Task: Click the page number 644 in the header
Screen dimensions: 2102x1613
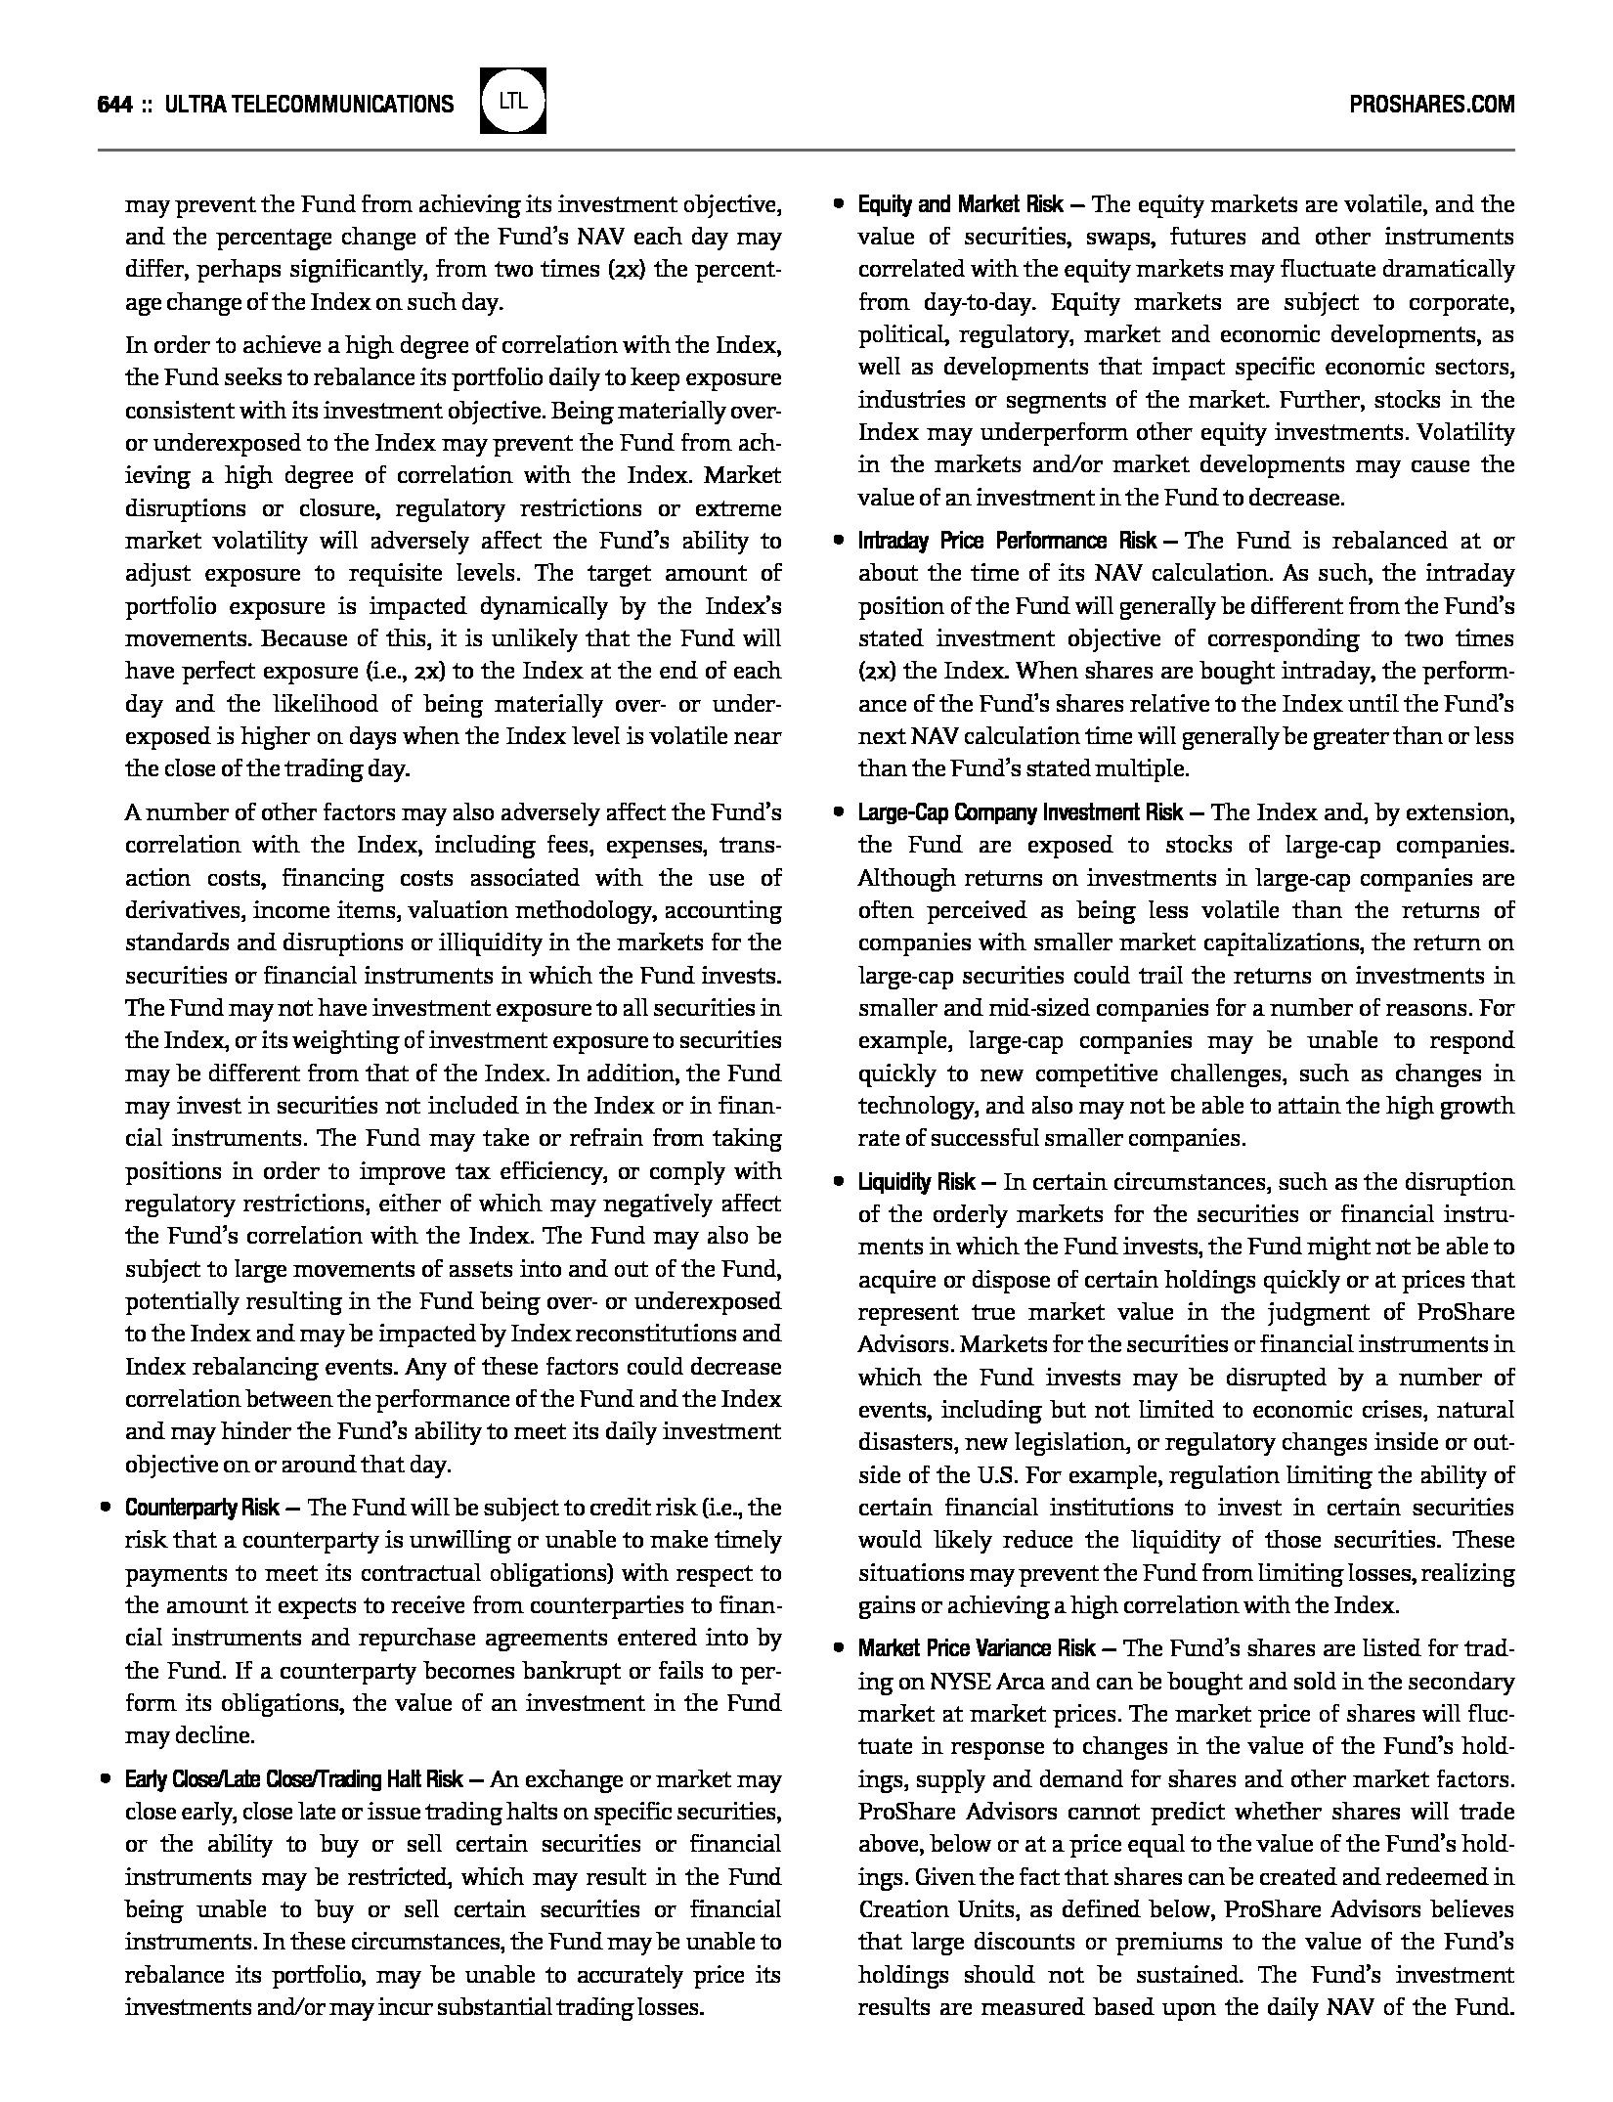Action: click(114, 104)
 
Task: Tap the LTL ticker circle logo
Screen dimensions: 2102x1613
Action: click(513, 101)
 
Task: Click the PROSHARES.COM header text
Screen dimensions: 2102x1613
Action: click(1431, 104)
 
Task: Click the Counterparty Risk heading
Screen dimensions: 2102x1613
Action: click(202, 1508)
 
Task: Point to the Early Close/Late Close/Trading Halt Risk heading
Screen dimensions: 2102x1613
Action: click(294, 1779)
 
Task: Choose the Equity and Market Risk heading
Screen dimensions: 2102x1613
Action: click(961, 204)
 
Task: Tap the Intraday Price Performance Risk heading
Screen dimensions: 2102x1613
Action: click(1008, 541)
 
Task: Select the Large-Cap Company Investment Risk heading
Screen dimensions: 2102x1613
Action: click(1021, 812)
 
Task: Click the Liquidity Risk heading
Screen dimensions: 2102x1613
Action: click(916, 1182)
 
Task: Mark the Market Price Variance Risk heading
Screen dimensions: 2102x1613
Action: click(977, 1648)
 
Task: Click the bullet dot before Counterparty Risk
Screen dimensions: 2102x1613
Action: click(105, 1508)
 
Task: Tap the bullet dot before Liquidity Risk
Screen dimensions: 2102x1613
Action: click(838, 1182)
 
